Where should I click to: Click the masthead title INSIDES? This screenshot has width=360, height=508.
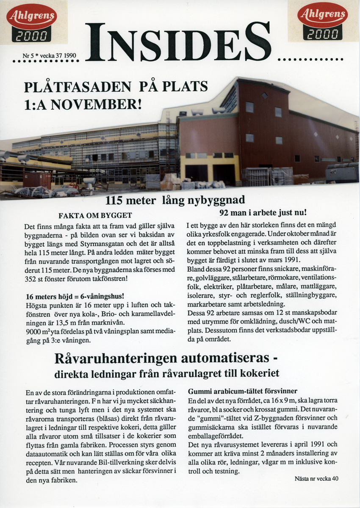click(178, 42)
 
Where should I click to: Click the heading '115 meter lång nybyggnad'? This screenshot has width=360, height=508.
click(175, 200)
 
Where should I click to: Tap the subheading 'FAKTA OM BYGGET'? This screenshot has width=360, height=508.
click(95, 215)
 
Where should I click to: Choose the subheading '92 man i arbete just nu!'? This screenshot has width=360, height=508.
click(263, 213)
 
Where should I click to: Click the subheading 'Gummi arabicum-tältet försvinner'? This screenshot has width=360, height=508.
click(242, 391)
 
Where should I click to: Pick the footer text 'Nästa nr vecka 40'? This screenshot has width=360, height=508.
click(316, 479)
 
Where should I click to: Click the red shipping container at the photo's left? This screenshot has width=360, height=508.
click(37, 179)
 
